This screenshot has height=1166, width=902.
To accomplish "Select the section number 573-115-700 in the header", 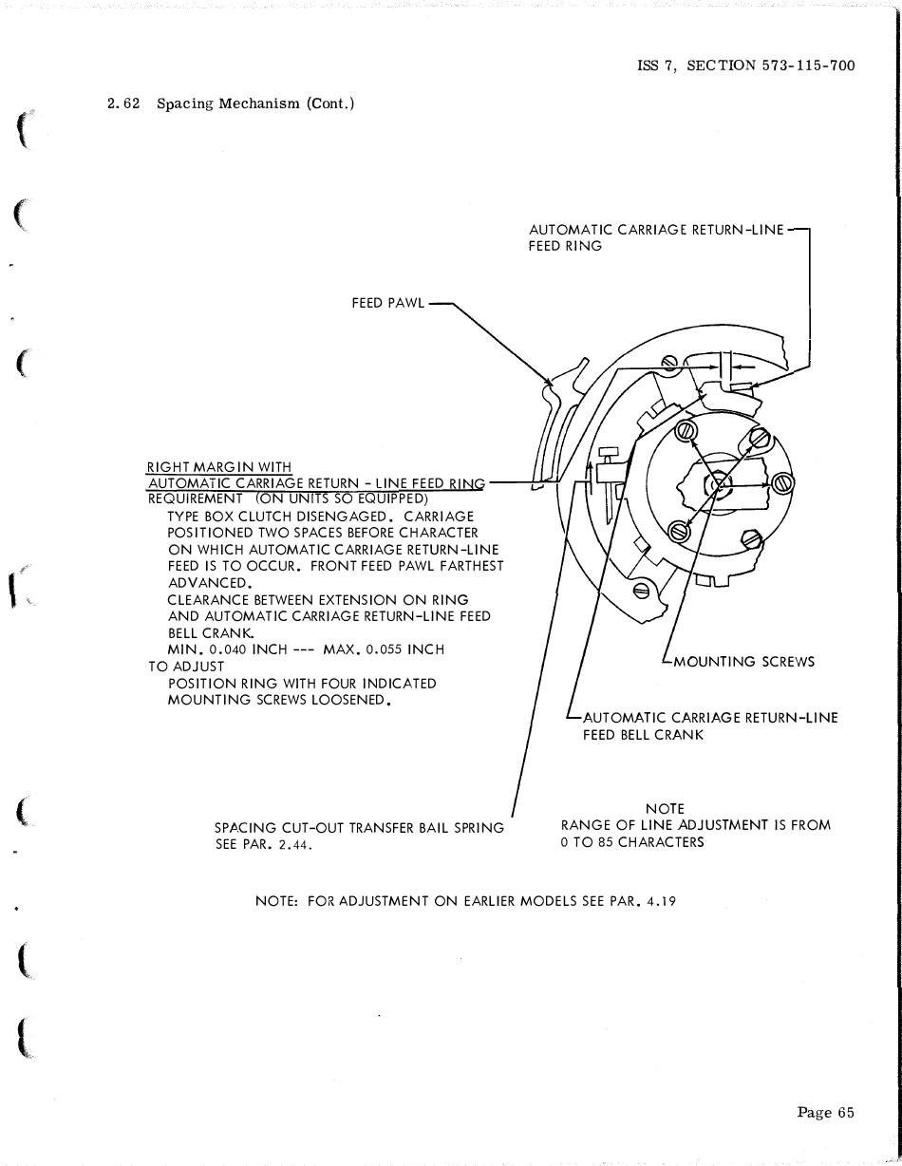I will coord(808,66).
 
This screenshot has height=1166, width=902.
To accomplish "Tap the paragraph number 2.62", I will coord(124,103).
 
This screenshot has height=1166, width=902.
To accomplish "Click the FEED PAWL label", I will coord(388,304).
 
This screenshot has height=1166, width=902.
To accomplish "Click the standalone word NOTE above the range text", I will coord(665,809).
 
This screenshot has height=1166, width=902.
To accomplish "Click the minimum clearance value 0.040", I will coord(228,649).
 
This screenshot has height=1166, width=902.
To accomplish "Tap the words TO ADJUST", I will coord(186,667).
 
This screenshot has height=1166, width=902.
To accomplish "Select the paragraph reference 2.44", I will coord(295,844).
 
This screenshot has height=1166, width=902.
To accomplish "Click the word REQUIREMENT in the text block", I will coord(196,498).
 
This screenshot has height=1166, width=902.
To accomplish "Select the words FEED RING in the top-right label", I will coord(565,246).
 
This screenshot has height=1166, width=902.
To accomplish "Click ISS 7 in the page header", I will coord(656,66).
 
